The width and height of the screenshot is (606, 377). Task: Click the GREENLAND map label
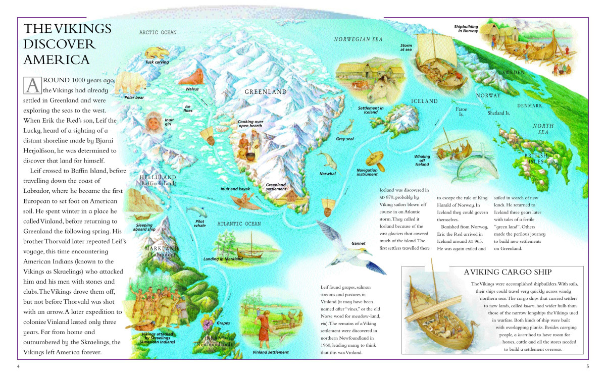266,92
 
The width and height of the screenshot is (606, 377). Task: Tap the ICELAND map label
424,101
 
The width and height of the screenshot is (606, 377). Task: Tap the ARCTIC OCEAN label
158,32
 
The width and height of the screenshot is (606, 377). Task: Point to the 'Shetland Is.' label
499,113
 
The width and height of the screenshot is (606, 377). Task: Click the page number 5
588,366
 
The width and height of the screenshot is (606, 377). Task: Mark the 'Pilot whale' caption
200,223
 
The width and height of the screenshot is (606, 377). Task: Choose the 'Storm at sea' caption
406,47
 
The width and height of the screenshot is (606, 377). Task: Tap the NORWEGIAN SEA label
359,39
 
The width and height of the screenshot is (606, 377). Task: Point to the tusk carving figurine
157,52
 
